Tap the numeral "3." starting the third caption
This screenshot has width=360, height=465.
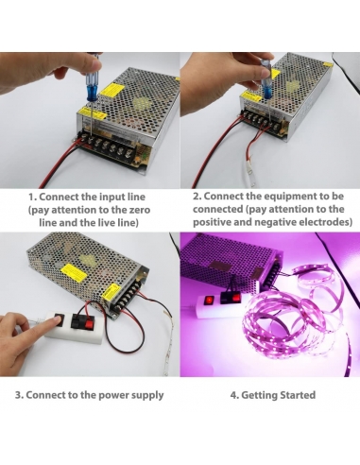pos(20,395)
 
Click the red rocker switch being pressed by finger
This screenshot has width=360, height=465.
pos(59,320)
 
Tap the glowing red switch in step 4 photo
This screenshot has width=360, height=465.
pos(209,301)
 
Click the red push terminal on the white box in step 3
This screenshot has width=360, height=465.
pos(90,322)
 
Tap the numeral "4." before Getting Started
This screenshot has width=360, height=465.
pos(234,395)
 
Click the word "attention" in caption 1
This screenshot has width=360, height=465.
pos(80,210)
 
